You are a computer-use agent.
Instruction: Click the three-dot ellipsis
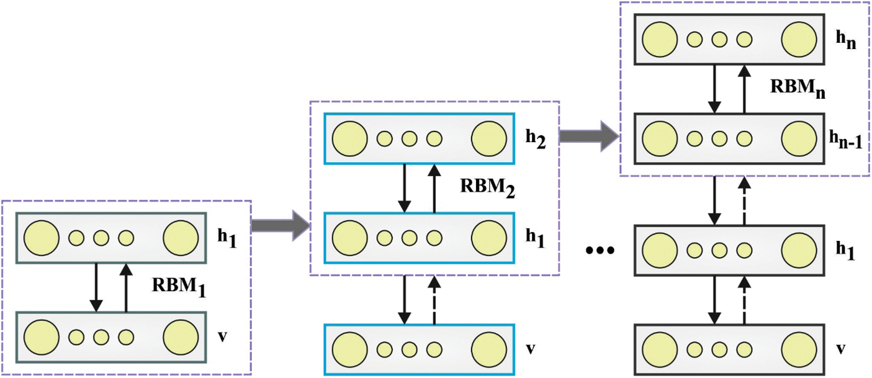pos(600,251)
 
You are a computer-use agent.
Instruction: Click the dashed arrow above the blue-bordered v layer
pos(434,300)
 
